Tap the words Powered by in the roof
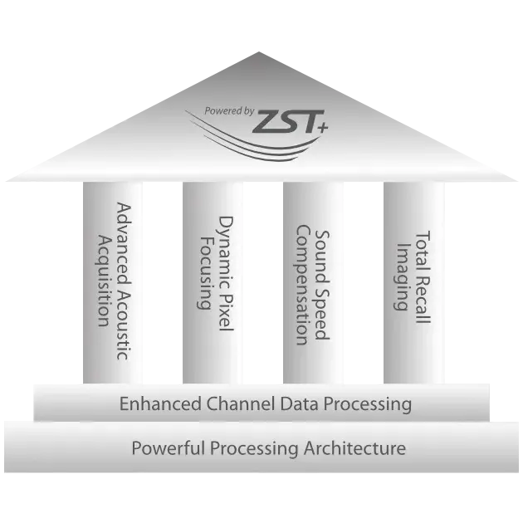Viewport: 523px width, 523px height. click(229, 111)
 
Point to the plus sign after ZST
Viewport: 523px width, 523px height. click(322, 127)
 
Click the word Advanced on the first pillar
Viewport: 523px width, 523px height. click(123, 243)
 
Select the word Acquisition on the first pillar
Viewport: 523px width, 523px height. click(103, 281)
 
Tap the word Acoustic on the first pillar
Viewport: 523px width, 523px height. click(123, 325)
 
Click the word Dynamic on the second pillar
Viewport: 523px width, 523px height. click(225, 252)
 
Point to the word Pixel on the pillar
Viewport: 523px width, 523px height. click(225, 312)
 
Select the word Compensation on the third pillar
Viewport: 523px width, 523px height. click(303, 285)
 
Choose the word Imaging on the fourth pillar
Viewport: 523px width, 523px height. click(402, 276)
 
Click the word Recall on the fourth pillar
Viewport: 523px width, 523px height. click(423, 300)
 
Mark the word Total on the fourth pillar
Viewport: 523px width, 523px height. click(423, 251)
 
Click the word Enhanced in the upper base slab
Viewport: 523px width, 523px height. click(160, 403)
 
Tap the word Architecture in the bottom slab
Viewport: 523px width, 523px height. click(354, 448)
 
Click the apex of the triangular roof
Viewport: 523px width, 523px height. click(259, 52)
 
